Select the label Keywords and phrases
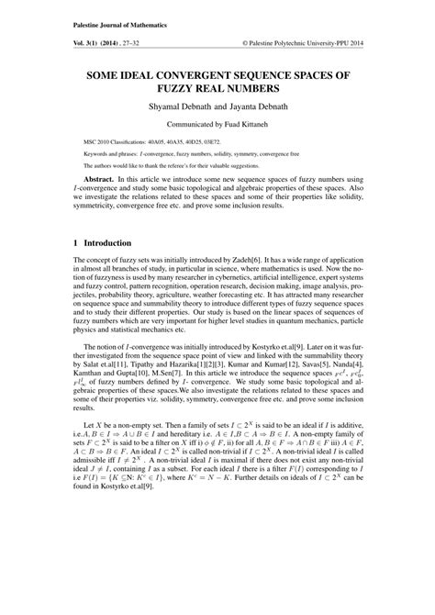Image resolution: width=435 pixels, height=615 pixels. tap(110, 157)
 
